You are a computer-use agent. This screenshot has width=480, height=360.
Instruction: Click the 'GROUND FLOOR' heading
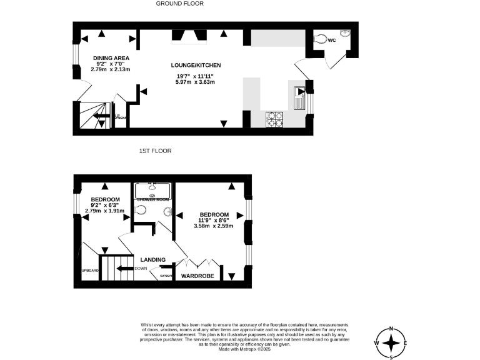pos(179,4)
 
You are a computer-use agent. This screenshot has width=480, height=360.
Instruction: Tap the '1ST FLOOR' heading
pos(156,151)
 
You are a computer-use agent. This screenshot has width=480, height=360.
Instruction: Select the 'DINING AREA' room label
pos(111,57)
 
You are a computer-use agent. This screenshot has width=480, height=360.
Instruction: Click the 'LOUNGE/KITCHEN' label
pos(196,65)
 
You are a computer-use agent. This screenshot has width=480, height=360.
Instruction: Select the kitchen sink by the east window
pos(298,97)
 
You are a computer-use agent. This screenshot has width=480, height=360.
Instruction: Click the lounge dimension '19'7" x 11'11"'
pos(196,76)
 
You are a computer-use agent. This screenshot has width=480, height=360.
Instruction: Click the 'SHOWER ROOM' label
pos(152,199)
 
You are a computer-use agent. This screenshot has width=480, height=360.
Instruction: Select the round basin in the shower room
pos(167,211)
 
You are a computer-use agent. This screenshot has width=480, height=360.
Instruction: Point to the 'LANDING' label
pos(152,259)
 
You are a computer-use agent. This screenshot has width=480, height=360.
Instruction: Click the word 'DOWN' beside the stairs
pos(141,269)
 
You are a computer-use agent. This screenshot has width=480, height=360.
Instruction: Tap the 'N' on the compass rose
pos(391,329)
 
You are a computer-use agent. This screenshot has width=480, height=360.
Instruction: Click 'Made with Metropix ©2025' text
pos(244,349)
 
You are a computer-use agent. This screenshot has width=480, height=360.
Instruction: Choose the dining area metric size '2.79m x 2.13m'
pos(111,69)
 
